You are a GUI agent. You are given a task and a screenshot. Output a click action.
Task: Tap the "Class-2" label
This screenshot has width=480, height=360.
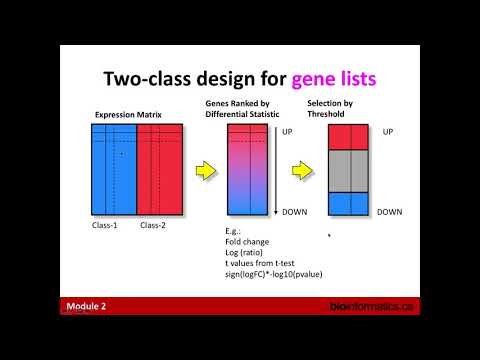pos(154,224)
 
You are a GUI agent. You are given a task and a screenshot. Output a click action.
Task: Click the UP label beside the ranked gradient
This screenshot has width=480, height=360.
pos(288,131)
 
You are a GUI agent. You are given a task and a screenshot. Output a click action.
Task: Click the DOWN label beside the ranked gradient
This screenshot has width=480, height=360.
pos(293,212)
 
